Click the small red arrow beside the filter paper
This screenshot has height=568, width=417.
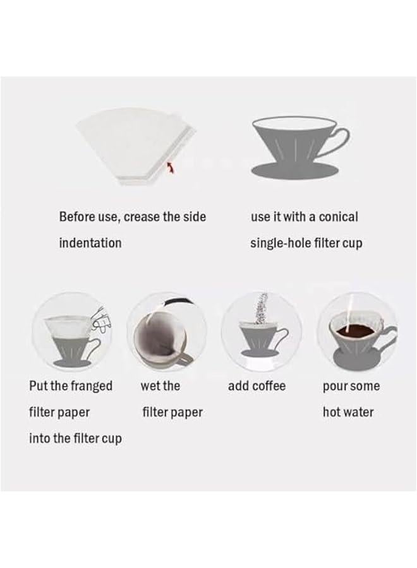tap(169, 166)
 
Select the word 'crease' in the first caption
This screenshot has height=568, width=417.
tap(142, 216)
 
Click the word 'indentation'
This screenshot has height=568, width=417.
tap(90, 242)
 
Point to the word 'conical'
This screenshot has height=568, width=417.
tap(337, 216)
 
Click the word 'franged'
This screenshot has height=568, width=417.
tap(90, 386)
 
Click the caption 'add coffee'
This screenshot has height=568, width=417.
tap(257, 386)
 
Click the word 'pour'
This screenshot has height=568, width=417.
tap(335, 386)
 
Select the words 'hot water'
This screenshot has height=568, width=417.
tap(347, 412)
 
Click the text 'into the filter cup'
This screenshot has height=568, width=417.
tap(75, 438)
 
